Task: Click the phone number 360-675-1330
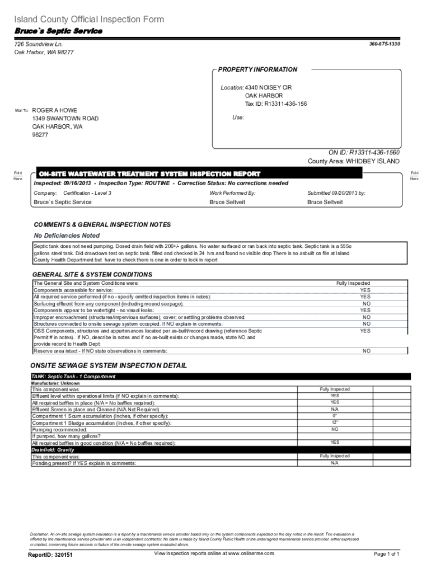(385, 44)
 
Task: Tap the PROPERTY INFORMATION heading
(257, 69)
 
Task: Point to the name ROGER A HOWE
(55, 110)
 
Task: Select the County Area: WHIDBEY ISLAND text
(354, 161)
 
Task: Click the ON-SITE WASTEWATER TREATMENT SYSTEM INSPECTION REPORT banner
(148, 173)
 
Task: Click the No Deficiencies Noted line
(67, 236)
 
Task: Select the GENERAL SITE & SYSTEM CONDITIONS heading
(92, 275)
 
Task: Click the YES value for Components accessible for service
(365, 290)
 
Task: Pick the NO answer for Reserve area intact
(366, 351)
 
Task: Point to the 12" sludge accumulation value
(335, 422)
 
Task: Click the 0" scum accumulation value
(335, 416)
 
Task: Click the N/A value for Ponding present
(335, 463)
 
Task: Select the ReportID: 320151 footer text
(50, 555)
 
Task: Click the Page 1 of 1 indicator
(386, 554)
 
